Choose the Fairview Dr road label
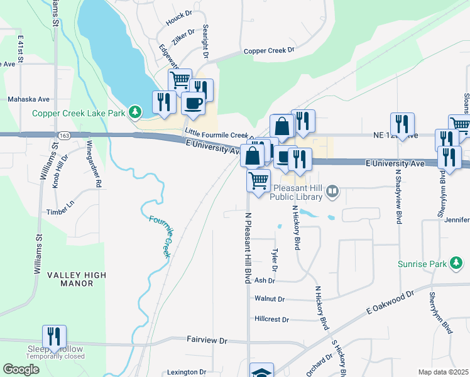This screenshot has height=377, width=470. pos(207,339)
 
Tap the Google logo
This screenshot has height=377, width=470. pos(21,369)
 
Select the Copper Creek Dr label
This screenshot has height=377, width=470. pos(269,51)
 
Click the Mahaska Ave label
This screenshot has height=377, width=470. pos(28,99)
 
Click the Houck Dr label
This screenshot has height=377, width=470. pos(178,20)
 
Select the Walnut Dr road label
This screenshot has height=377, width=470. pos(270,299)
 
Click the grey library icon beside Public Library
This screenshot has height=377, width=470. pos(334,188)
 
